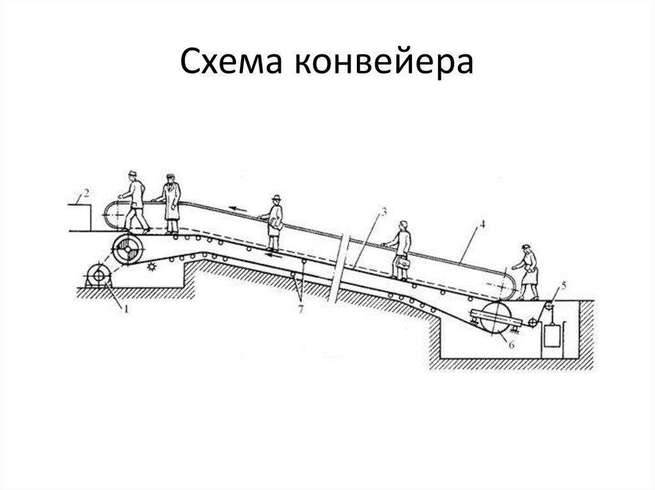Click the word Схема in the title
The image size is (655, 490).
click(228, 63)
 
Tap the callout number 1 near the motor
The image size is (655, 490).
click(126, 310)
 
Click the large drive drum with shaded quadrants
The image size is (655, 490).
click(128, 249)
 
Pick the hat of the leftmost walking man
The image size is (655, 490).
click(132, 174)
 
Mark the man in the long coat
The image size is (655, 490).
click(171, 203)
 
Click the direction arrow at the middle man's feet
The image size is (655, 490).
click(273, 254)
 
